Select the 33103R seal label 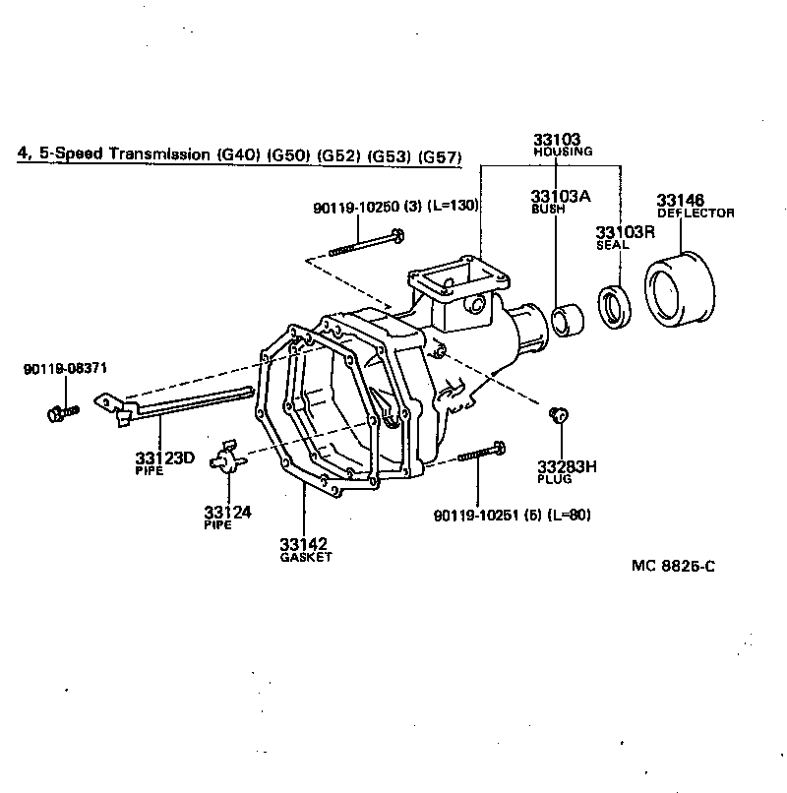point(625,231)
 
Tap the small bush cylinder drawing point(567,321)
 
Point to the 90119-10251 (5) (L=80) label point(512,515)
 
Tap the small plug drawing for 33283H point(556,414)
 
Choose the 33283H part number point(567,465)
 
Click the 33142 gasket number point(303,543)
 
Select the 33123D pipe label point(165,457)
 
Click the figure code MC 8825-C point(673,567)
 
